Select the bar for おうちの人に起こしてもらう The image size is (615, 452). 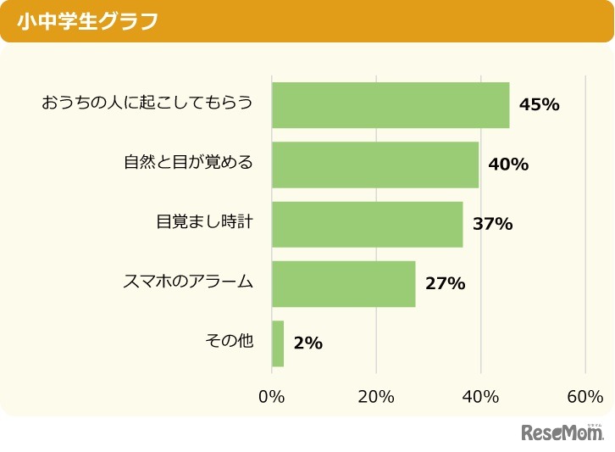(391, 105)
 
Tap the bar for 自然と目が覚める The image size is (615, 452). (375, 165)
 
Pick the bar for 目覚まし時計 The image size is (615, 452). (367, 224)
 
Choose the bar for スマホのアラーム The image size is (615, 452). (343, 284)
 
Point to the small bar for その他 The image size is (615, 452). (278, 343)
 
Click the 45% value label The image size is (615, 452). (540, 105)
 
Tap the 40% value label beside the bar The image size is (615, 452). (508, 165)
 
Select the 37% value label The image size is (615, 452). (493, 225)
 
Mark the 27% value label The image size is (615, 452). (446, 284)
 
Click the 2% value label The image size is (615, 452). (308, 343)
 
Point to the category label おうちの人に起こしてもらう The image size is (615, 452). (147, 103)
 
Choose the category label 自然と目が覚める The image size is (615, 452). (188, 163)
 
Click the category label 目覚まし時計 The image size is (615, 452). (204, 222)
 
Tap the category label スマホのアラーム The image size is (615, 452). (188, 282)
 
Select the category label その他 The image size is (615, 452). (229, 342)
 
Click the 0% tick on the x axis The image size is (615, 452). (272, 397)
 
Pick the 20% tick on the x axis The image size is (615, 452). (376, 397)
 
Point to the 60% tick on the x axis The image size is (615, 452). (585, 397)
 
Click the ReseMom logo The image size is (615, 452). (562, 432)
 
